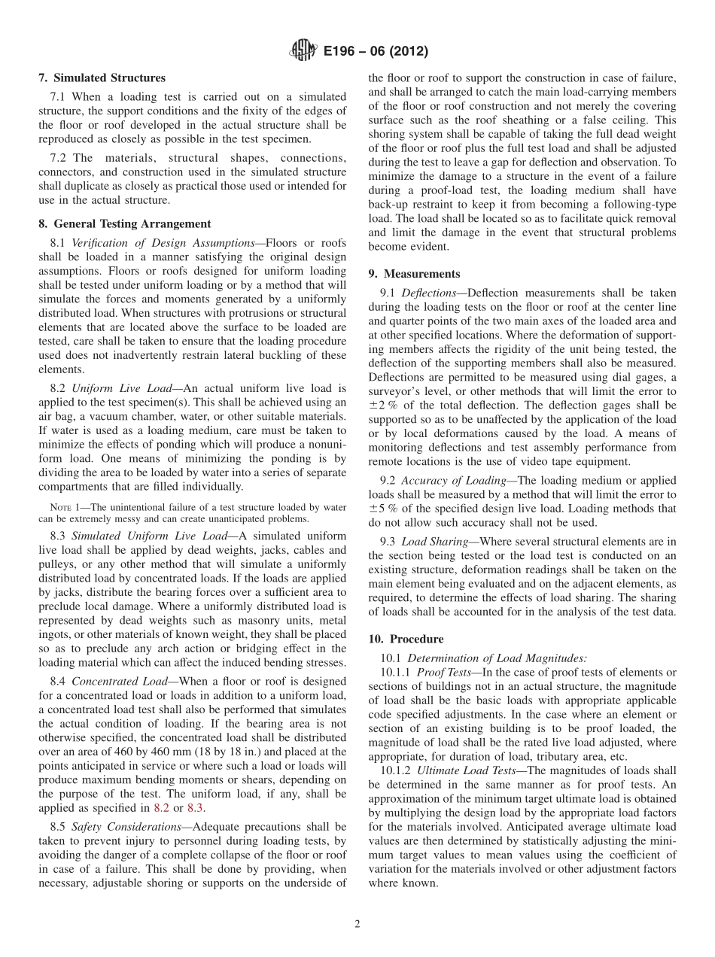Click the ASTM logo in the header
coord(302,51)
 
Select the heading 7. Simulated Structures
coord(102,77)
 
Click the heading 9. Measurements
coord(414,274)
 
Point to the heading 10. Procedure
coord(406,639)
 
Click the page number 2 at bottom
coord(357,924)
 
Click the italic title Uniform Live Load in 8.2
coord(121,388)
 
